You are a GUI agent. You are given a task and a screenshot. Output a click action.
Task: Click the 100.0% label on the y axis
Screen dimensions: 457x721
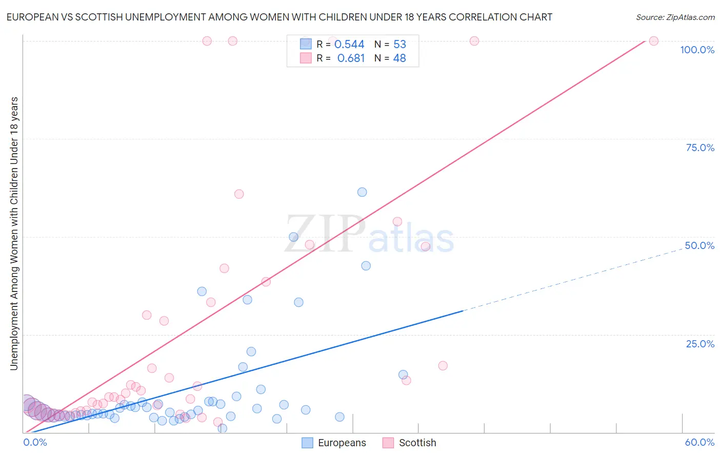[x=697, y=50]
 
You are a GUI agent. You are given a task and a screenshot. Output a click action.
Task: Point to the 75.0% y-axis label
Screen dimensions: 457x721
[x=700, y=148]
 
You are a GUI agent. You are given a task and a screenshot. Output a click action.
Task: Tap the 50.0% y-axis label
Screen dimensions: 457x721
[x=699, y=245]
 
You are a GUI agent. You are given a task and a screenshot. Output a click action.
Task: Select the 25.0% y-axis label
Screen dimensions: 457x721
[x=700, y=344]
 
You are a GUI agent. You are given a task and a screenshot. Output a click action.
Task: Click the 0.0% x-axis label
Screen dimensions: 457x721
[x=35, y=442]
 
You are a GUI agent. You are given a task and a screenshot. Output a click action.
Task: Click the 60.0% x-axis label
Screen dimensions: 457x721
[x=699, y=442]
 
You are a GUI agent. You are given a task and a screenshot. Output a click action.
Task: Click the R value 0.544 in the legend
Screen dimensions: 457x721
[x=349, y=44]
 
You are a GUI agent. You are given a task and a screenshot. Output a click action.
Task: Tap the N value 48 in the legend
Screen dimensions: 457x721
[x=399, y=58]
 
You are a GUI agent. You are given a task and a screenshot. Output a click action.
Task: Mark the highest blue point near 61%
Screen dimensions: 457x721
[x=362, y=192]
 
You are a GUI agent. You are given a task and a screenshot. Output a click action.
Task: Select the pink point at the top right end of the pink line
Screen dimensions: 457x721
[x=653, y=41]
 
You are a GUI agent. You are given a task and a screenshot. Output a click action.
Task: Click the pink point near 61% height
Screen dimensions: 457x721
[x=239, y=194]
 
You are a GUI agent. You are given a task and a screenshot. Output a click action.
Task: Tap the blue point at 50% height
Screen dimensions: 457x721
[x=293, y=237]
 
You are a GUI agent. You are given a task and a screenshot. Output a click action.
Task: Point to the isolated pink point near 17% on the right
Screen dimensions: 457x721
[x=443, y=365]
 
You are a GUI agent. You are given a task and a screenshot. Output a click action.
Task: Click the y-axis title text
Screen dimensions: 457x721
[x=14, y=233]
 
